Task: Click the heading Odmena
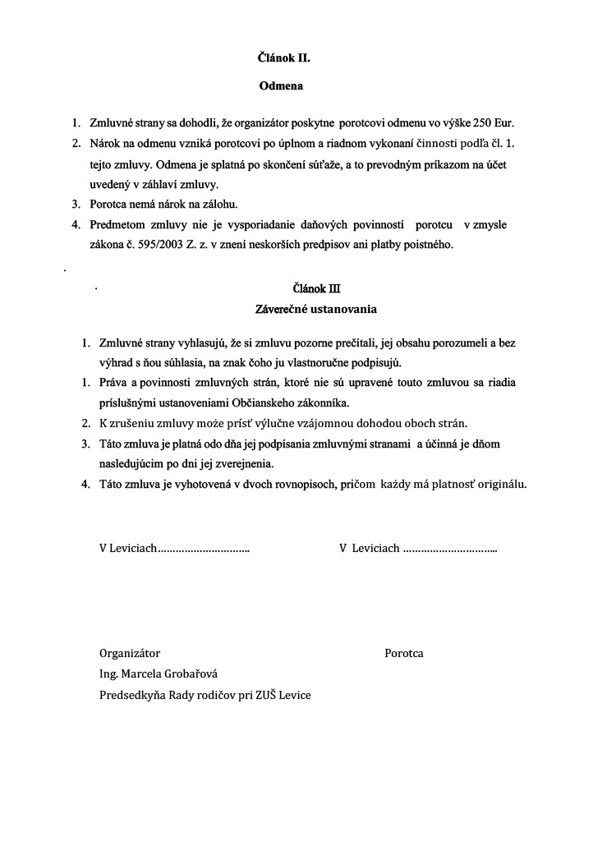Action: pyautogui.click(x=281, y=85)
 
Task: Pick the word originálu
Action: pyautogui.click(x=495, y=484)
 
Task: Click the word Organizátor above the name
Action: pyautogui.click(x=130, y=654)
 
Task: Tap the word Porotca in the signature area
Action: pyautogui.click(x=404, y=654)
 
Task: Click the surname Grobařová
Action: pyautogui.click(x=184, y=674)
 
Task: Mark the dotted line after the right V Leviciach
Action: pyautogui.click(x=450, y=549)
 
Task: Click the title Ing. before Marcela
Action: pyautogui.click(x=108, y=674)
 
